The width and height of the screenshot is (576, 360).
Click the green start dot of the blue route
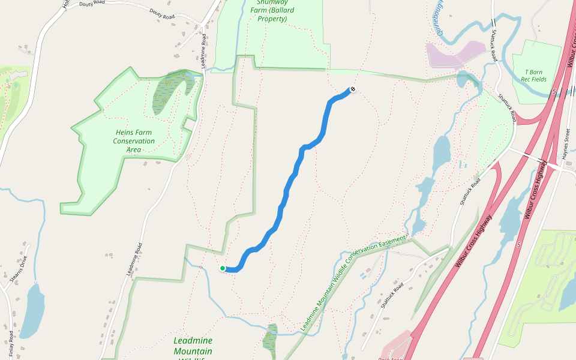222,268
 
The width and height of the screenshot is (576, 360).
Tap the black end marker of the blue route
352,90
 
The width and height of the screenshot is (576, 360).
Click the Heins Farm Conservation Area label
134,141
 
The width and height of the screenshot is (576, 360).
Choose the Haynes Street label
566,146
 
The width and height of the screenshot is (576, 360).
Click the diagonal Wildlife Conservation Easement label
353,282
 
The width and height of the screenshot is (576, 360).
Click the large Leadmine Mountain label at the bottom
193,346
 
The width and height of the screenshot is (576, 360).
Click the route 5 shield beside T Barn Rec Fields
554,92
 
